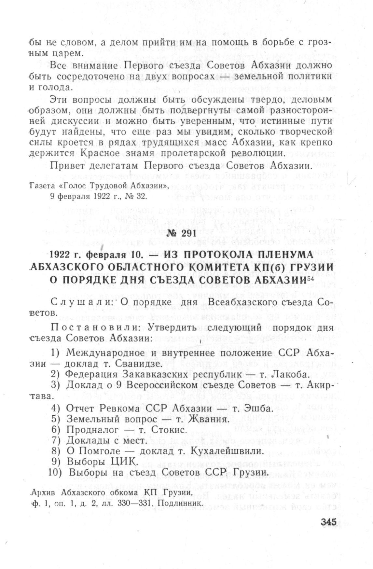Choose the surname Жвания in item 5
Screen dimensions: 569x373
207,419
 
